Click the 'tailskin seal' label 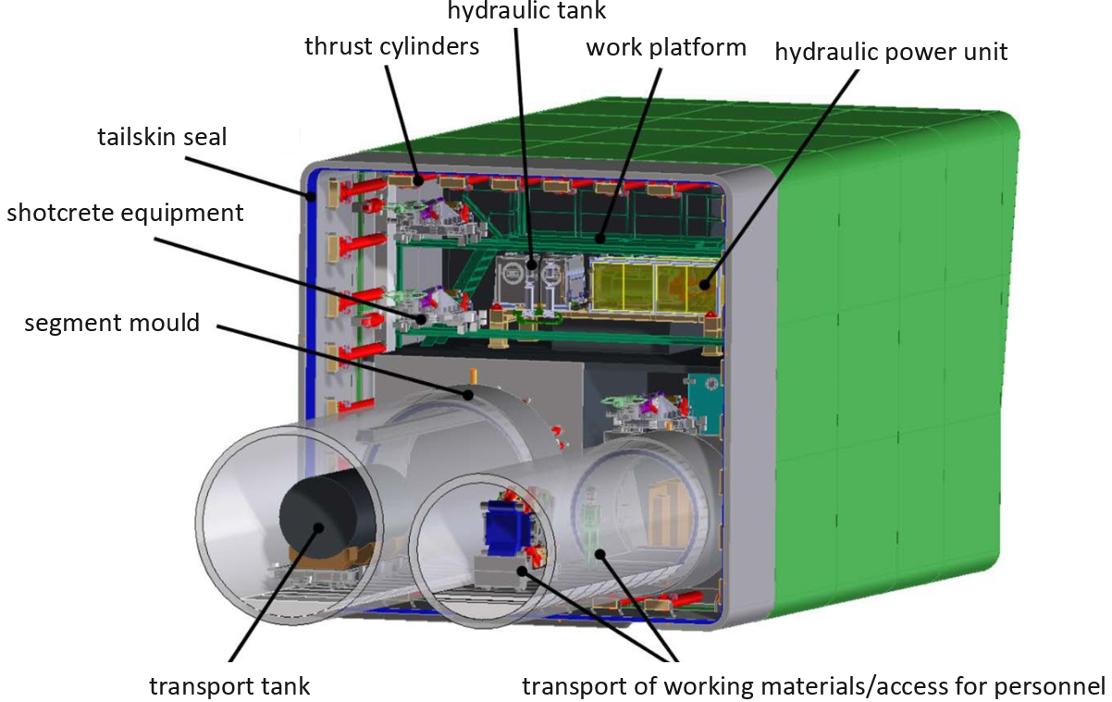pos(162,138)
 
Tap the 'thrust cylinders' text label pos(392,45)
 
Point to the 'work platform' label pos(665,47)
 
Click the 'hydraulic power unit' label pos(891,52)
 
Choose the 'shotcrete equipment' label pos(125,213)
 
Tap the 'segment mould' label pos(112,324)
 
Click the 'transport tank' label pos(229,686)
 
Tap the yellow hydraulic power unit pos(652,287)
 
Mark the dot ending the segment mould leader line pos(468,395)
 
